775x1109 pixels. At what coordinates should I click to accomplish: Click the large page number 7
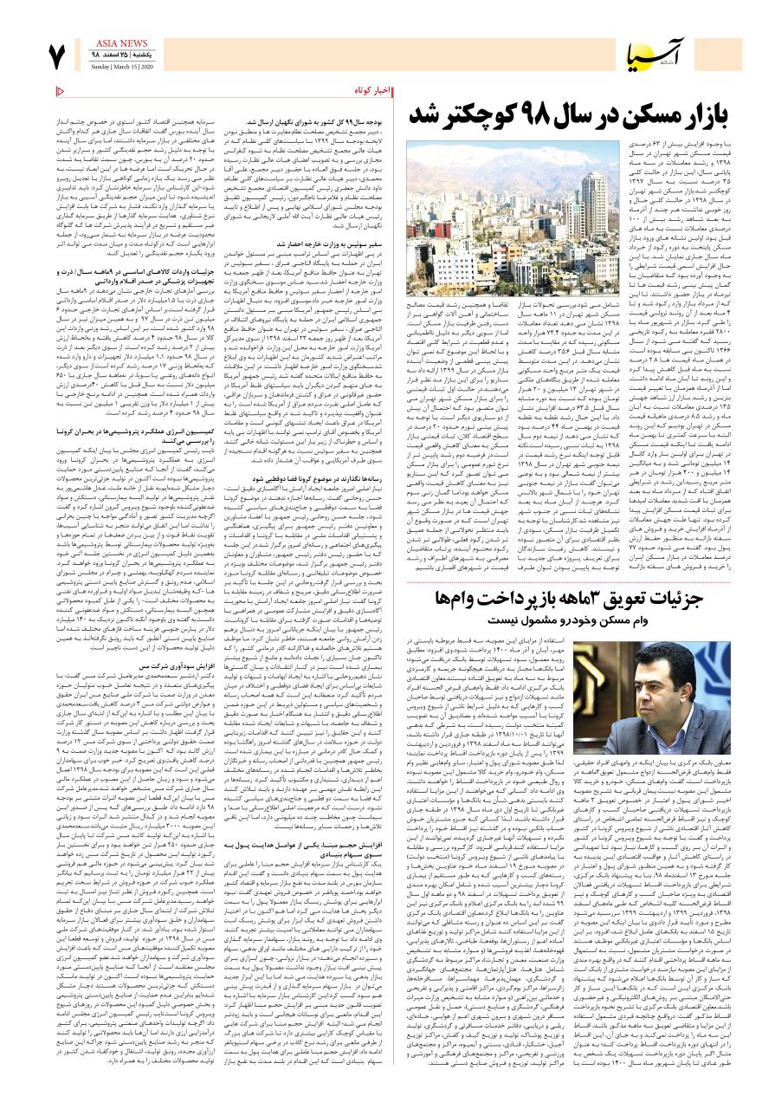point(57,57)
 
